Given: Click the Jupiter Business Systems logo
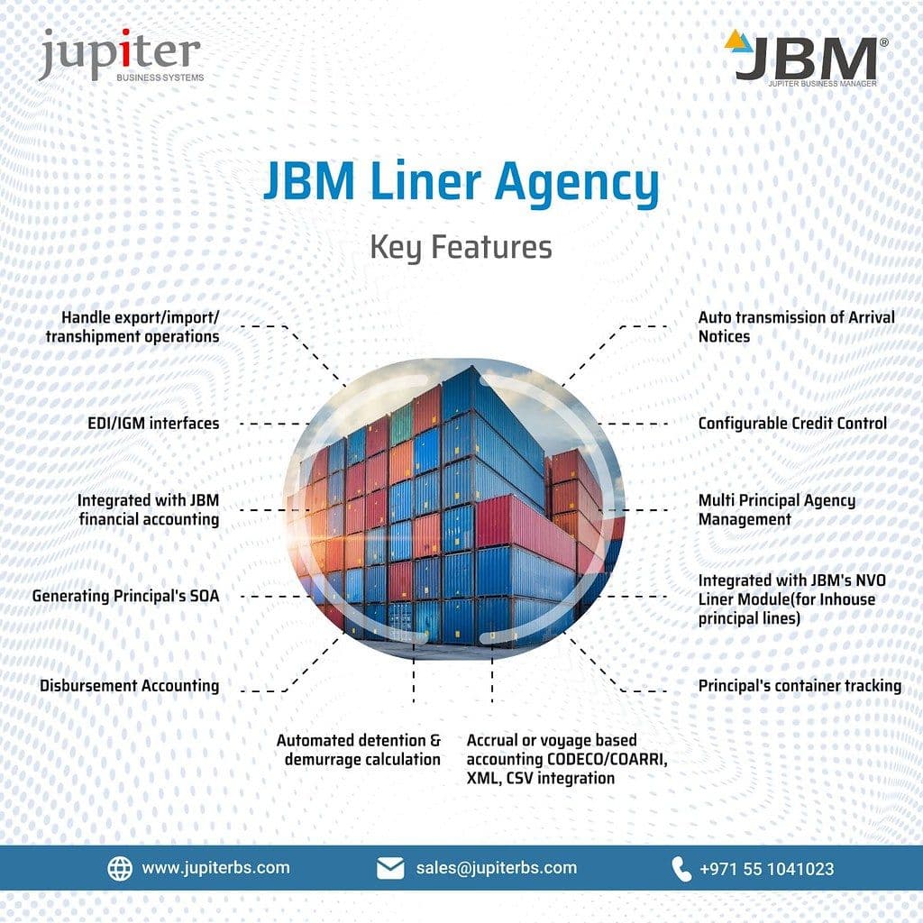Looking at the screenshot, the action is (x=121, y=55).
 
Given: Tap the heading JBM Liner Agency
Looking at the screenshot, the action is (x=461, y=182).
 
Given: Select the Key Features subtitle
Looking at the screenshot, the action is (x=461, y=247).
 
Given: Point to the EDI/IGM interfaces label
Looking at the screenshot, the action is (x=153, y=424).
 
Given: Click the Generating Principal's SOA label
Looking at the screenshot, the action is (x=125, y=597).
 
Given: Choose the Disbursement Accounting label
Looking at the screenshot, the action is (x=130, y=686).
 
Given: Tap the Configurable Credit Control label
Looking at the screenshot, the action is (x=792, y=424).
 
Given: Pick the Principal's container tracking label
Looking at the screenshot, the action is (x=800, y=686).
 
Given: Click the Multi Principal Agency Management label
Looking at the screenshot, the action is (x=776, y=510).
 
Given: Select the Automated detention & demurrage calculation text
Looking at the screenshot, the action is (x=359, y=749).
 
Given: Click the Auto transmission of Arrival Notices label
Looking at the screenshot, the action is (x=796, y=326).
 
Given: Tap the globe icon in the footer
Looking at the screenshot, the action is (x=120, y=868).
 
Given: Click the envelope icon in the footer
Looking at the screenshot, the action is (x=390, y=868).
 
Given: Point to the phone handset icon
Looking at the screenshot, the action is (x=681, y=869).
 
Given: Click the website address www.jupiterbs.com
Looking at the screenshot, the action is (x=216, y=868).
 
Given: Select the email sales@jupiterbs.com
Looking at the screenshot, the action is (x=497, y=868).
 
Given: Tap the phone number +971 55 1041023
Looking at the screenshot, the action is (x=766, y=869).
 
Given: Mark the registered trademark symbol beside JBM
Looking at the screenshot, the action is (x=883, y=42).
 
